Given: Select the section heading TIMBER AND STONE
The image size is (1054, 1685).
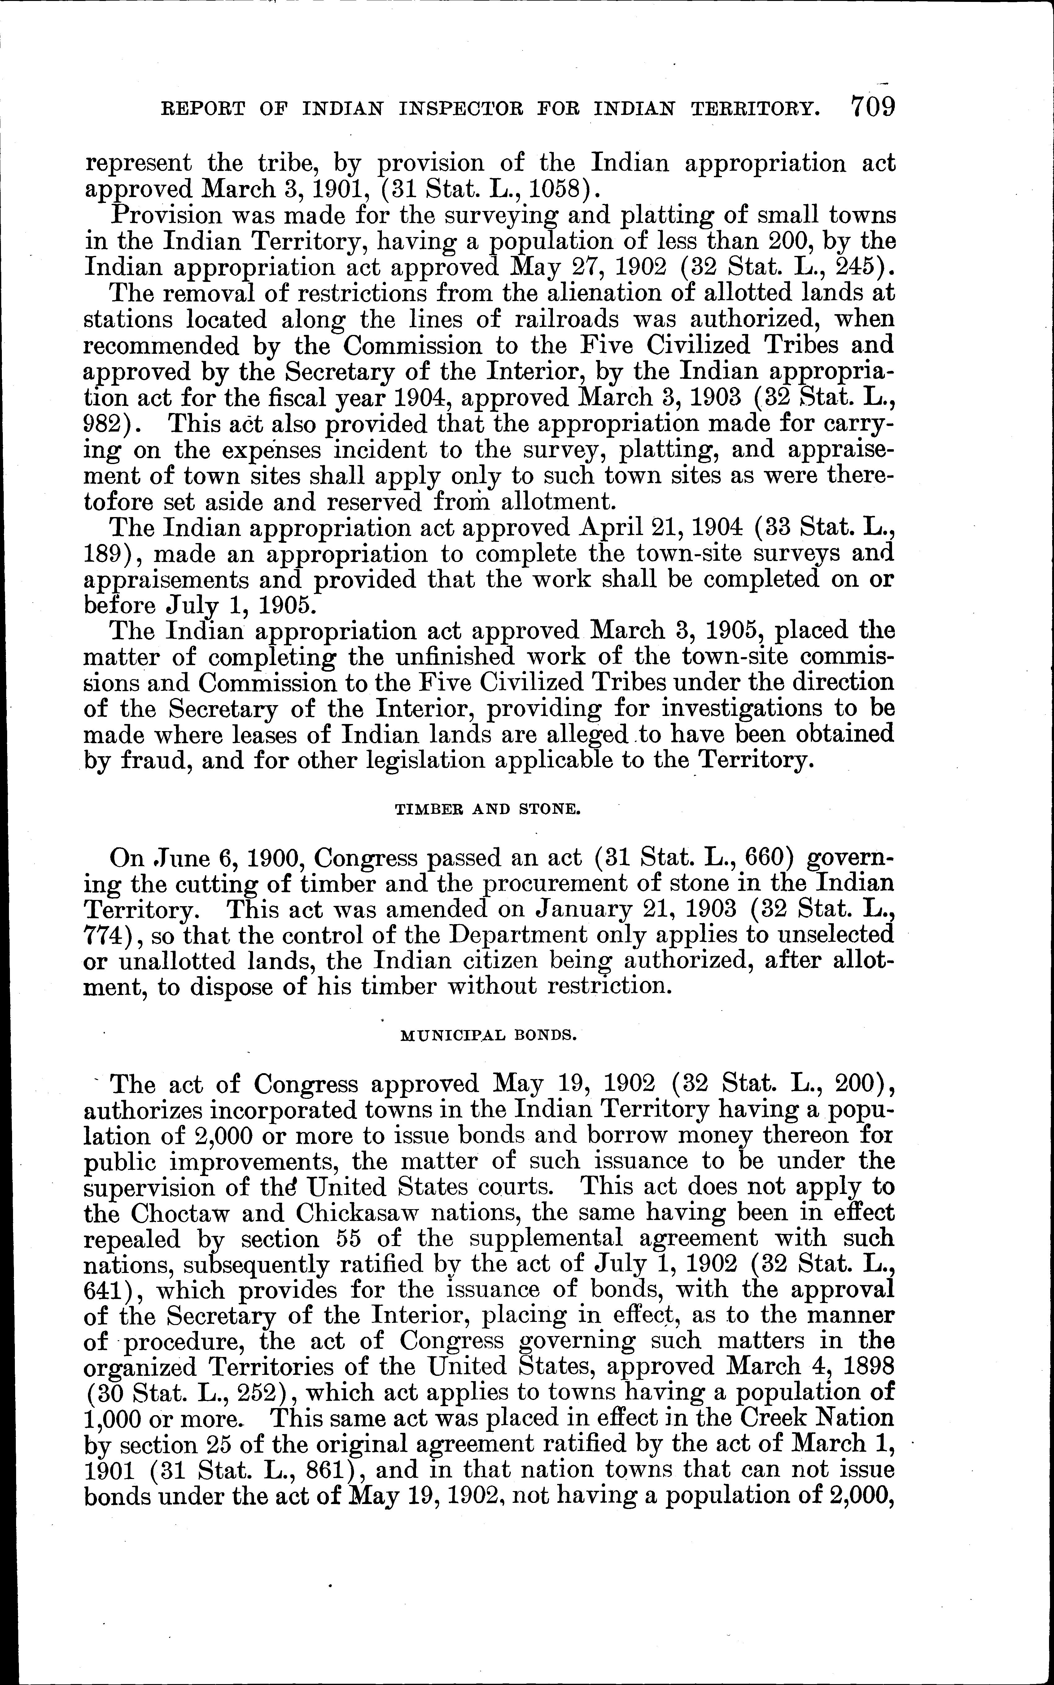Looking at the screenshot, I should [487, 810].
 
